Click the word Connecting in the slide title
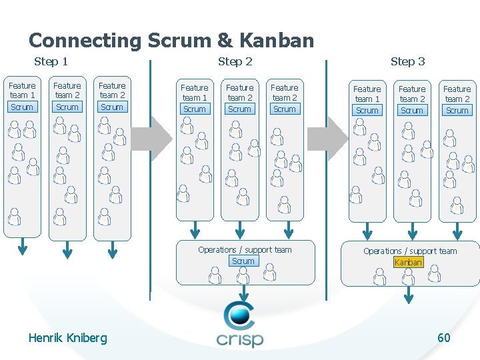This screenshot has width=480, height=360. coord(85,41)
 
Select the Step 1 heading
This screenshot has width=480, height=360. coord(51,62)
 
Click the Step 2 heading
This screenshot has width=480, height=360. coord(235,62)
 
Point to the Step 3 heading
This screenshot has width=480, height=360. coord(407,62)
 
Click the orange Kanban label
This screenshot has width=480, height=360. coord(408,263)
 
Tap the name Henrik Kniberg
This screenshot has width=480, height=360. coord(67,338)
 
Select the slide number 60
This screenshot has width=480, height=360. coord(443,338)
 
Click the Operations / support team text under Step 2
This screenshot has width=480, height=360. coord(245,250)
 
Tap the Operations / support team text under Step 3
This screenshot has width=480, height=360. coord(410,251)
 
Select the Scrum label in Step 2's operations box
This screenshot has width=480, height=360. coord(243,261)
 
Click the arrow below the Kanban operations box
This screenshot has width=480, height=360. coord(408,296)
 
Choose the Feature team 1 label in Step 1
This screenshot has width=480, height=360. coord(22,91)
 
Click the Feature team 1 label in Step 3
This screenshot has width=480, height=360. coord(367,93)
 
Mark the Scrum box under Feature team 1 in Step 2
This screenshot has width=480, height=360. coord(195,109)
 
